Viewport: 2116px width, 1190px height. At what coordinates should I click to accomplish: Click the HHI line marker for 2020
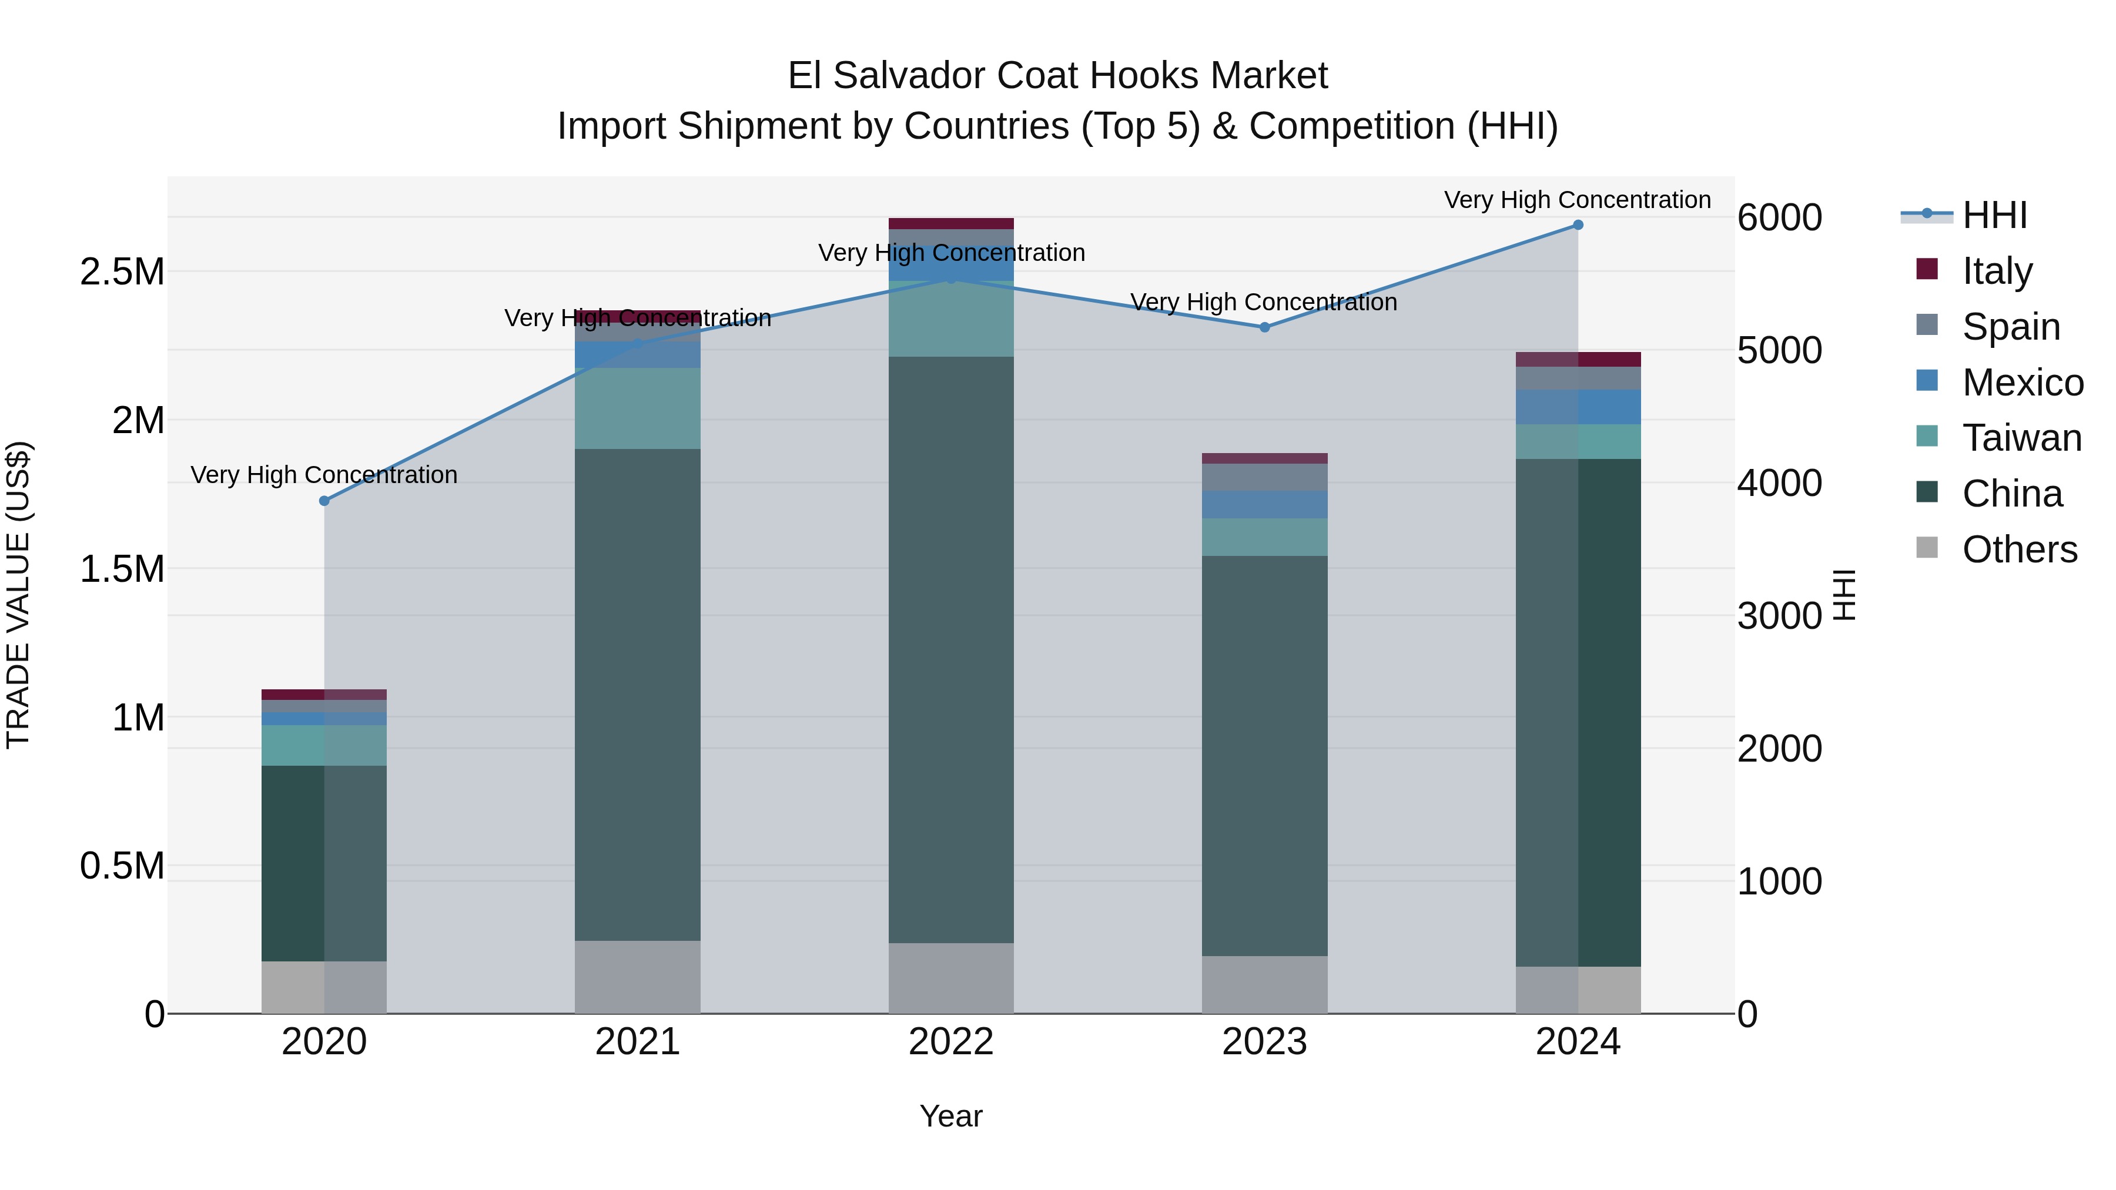click(324, 501)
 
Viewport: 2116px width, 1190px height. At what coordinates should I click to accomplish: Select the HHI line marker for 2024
click(1578, 225)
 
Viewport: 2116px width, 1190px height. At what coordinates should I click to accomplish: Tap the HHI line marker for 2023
click(1264, 328)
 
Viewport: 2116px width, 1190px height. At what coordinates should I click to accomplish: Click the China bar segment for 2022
click(951, 649)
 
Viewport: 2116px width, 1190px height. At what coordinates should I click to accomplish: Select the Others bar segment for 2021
click(637, 977)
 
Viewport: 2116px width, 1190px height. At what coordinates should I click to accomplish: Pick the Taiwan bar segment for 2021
click(637, 408)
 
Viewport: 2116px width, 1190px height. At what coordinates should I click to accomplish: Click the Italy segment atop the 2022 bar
click(951, 223)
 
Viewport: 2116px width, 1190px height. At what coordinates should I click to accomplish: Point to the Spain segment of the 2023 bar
click(1264, 477)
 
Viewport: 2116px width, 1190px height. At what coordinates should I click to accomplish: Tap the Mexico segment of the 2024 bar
click(1578, 407)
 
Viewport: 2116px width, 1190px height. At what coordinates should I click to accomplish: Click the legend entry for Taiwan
click(2021, 438)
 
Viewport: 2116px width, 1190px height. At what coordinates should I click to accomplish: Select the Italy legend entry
click(1997, 270)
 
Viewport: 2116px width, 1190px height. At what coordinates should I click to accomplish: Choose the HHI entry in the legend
click(1994, 215)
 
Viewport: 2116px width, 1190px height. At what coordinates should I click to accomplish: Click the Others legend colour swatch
click(1926, 548)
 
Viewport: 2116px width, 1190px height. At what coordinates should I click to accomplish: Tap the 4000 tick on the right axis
click(1779, 483)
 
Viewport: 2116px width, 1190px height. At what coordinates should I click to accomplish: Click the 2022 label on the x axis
click(951, 1041)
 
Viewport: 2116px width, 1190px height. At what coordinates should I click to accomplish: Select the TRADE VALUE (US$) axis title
click(18, 595)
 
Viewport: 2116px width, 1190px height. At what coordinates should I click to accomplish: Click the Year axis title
click(951, 1116)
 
